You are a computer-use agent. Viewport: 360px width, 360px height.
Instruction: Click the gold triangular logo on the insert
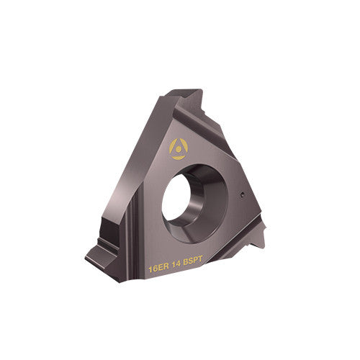pyautogui.click(x=177, y=148)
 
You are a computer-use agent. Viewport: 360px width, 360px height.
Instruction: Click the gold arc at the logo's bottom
pyautogui.click(x=177, y=156)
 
